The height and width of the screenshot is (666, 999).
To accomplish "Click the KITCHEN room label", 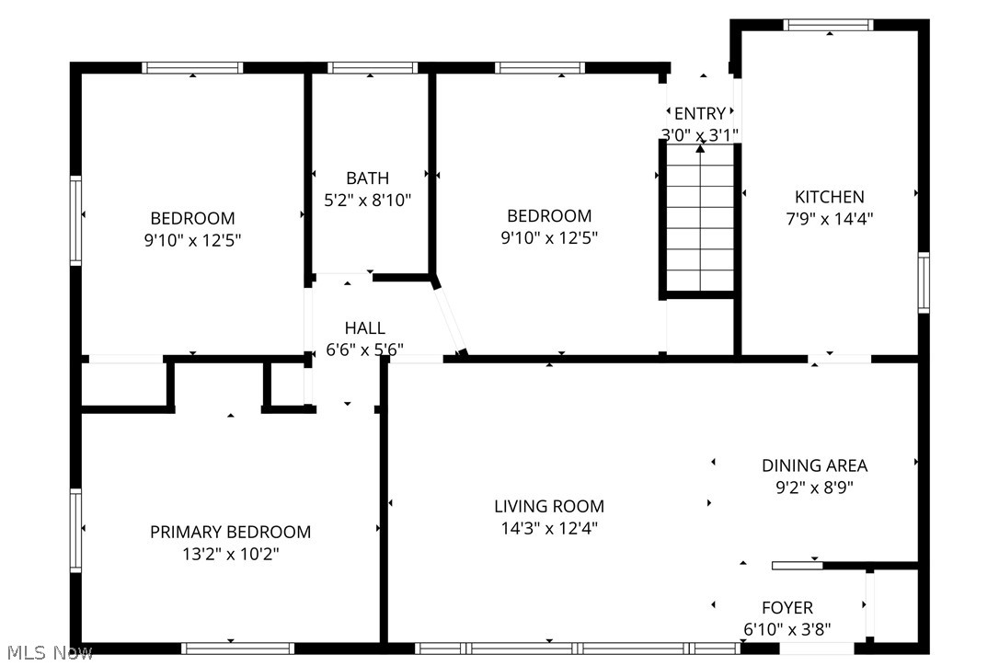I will pyautogui.click(x=829, y=197).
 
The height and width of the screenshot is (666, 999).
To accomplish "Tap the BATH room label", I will pyautogui.click(x=367, y=178).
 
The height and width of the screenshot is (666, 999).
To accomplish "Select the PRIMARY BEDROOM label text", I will pyautogui.click(x=230, y=532).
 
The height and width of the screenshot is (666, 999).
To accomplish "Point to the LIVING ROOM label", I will pyautogui.click(x=549, y=506).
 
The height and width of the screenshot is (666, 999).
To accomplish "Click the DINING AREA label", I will pyautogui.click(x=814, y=465).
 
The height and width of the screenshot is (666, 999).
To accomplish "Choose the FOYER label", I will pyautogui.click(x=787, y=608).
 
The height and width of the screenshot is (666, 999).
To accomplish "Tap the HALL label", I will pyautogui.click(x=364, y=328).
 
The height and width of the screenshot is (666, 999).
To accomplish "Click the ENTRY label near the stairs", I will pyautogui.click(x=699, y=114).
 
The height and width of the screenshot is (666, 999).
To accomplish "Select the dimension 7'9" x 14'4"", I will pyautogui.click(x=829, y=219).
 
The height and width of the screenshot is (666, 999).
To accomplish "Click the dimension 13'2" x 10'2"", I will pyautogui.click(x=230, y=554).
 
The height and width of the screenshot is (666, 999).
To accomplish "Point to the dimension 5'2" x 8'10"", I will pyautogui.click(x=367, y=200).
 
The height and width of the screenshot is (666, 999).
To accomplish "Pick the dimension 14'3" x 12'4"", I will pyautogui.click(x=549, y=528).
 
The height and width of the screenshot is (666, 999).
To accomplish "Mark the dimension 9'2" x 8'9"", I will pyautogui.click(x=814, y=488).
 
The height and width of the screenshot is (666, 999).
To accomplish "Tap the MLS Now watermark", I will pyautogui.click(x=46, y=653).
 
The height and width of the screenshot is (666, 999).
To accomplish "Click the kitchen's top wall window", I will pyautogui.click(x=828, y=25).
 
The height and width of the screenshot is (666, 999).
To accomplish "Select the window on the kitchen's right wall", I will pyautogui.click(x=924, y=283).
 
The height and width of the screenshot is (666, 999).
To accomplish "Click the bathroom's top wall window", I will pyautogui.click(x=373, y=67).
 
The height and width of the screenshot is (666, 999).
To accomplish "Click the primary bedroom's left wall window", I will pyautogui.click(x=76, y=531).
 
